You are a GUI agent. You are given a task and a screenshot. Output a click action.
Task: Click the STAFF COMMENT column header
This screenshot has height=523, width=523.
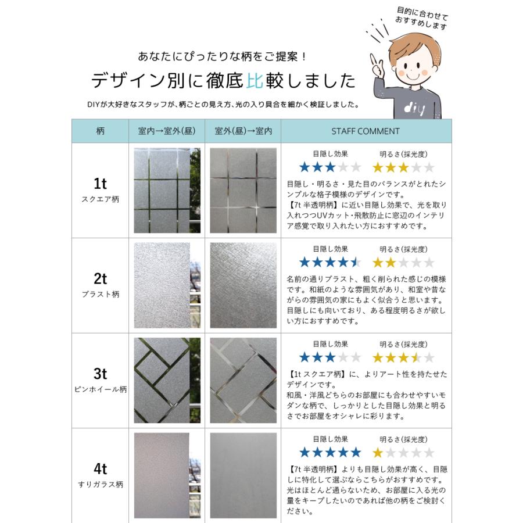tap(366, 131)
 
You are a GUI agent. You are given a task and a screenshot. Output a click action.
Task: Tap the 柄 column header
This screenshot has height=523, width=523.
tap(100, 131)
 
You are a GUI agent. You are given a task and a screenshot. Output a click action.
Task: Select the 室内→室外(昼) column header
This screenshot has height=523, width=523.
tap(167, 131)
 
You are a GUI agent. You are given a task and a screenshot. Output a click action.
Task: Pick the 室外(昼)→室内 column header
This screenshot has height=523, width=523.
tap(243, 131)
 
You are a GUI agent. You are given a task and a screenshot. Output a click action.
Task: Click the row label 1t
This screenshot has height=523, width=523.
tap(100, 184)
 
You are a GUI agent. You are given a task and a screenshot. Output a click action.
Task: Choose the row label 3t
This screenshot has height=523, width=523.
tap(100, 374)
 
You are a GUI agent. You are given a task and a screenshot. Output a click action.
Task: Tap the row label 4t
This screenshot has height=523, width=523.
tap(100, 468)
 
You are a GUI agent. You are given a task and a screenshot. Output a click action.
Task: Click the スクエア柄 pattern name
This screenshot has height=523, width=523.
tap(100, 199)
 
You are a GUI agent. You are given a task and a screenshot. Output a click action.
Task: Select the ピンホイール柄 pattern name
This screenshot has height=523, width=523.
tap(100, 389)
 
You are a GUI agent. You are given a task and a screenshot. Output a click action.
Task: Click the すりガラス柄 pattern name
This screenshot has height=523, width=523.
tap(100, 484)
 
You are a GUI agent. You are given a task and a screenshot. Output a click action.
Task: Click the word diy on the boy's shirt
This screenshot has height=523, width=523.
tap(413, 108)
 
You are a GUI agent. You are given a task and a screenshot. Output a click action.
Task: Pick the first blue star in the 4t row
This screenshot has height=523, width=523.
tap(305, 452)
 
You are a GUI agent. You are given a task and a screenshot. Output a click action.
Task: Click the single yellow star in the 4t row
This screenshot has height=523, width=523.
tap(378, 452)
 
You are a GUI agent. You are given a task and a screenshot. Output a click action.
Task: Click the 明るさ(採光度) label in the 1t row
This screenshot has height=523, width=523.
tap(403, 154)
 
